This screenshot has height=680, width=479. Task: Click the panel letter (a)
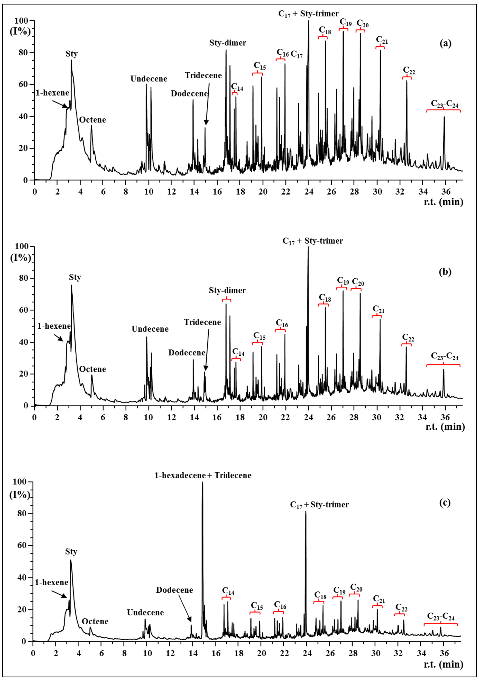445,44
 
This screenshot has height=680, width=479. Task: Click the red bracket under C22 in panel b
406,344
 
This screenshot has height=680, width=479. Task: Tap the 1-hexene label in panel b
54,326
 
